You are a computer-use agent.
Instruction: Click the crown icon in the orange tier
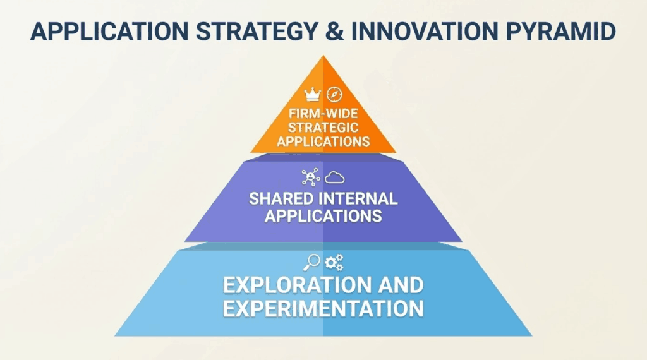tap(312, 95)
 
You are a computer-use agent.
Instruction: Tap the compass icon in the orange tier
tap(334, 95)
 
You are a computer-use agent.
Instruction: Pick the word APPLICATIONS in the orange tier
tap(323, 141)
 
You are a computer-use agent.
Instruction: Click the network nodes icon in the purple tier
tap(311, 177)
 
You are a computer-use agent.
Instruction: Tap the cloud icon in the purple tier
tap(335, 177)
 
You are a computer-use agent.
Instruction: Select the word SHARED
tap(280, 198)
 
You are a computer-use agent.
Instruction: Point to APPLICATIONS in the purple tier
tap(323, 215)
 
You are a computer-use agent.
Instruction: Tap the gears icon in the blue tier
tap(334, 262)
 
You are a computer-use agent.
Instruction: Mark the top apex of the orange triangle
tap(323, 56)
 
